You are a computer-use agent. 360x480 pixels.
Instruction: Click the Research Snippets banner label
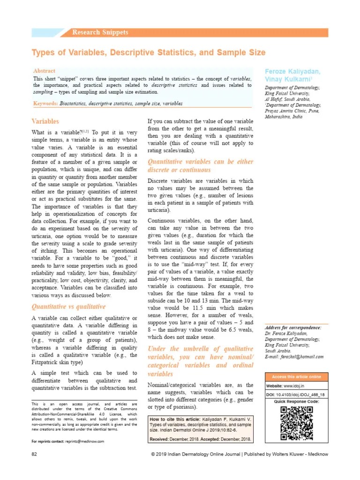point(100,32)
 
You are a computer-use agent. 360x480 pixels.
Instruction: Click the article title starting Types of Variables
point(148,52)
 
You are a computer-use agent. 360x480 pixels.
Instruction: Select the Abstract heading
point(44,70)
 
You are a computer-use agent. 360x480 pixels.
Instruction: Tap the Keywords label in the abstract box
point(45,103)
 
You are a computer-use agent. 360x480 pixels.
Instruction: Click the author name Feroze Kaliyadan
point(292,72)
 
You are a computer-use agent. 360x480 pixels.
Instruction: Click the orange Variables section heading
point(45,121)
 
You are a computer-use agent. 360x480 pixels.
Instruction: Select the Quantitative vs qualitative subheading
point(68,307)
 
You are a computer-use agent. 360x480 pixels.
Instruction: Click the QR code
point(296,423)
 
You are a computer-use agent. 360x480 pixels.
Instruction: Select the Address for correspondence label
point(293,327)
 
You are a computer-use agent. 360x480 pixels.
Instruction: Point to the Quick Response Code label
point(296,402)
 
